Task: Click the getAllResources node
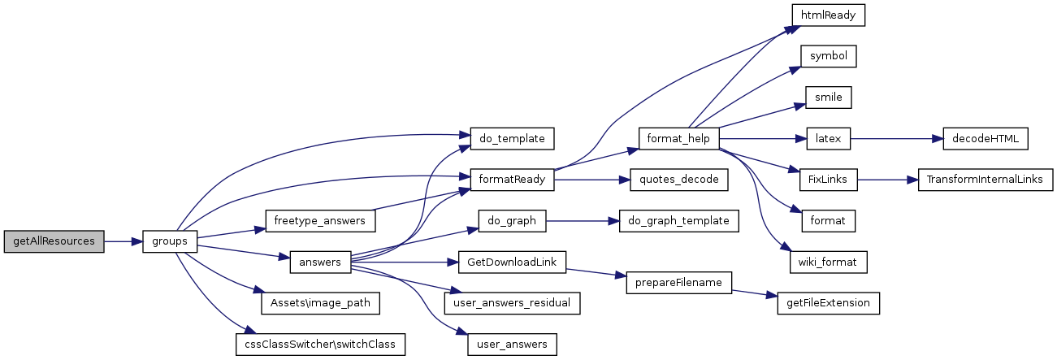point(54,241)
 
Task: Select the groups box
point(170,241)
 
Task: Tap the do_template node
point(512,139)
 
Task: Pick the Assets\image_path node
point(319,302)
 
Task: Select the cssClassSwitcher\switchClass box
point(319,344)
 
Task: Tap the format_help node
point(678,139)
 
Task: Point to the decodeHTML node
point(986,139)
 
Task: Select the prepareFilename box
point(678,282)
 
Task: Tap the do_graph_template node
point(678,220)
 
